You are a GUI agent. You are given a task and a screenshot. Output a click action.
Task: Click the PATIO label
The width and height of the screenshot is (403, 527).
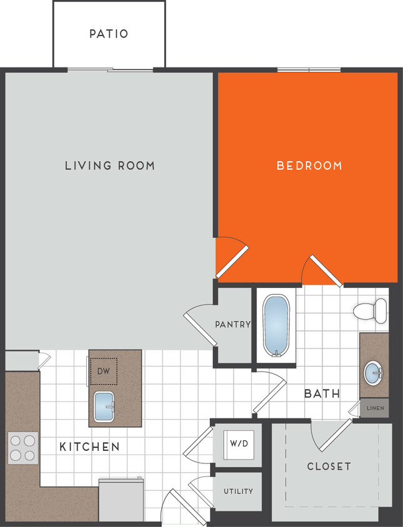[x=109, y=33]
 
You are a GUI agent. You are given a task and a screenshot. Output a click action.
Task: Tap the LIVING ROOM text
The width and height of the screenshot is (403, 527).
[x=110, y=165]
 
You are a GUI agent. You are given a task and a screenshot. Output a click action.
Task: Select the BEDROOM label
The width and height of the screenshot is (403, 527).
[x=309, y=165]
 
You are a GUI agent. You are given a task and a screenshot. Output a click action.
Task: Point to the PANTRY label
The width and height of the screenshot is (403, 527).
[x=232, y=325]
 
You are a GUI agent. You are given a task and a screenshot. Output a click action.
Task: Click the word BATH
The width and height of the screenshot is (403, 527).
[x=322, y=394]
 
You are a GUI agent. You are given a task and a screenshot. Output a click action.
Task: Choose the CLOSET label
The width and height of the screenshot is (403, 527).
[x=329, y=466]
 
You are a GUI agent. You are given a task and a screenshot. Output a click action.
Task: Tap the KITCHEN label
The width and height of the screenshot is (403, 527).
[x=89, y=447]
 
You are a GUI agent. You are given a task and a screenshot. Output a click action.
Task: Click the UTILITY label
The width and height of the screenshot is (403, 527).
[x=239, y=491]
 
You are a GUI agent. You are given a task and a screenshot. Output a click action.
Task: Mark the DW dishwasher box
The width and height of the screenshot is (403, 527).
[x=103, y=371]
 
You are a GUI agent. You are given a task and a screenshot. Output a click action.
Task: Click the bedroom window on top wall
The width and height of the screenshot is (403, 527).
[x=309, y=69]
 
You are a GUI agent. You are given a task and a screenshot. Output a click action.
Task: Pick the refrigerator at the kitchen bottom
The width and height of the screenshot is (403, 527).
[x=121, y=500]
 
